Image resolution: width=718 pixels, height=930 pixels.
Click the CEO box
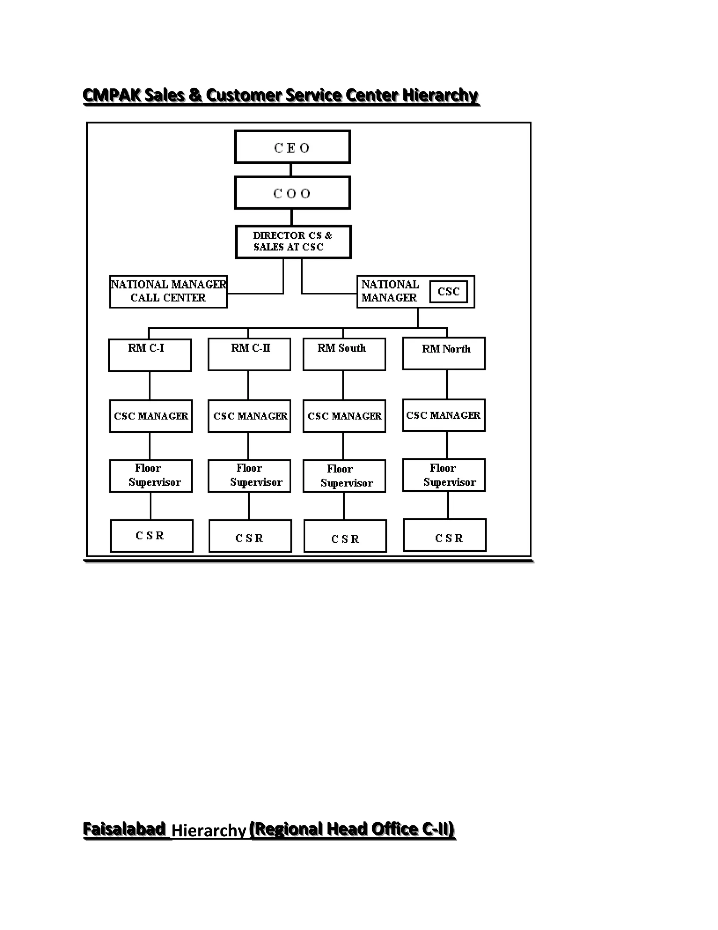point(292,147)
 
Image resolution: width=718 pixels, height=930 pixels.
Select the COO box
point(292,193)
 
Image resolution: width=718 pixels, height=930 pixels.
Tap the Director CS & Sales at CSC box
point(293,241)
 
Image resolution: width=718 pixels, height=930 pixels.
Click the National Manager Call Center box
point(168,292)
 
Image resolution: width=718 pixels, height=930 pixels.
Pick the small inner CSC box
point(448,292)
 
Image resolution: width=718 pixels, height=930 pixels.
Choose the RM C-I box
point(150,355)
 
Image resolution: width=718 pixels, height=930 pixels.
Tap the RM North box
point(443,353)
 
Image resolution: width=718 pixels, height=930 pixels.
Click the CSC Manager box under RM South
point(344,416)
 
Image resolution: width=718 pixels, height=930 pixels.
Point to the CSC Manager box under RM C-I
point(150,416)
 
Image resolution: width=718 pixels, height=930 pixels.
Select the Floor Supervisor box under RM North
point(443,475)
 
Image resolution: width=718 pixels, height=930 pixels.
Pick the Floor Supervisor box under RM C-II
point(249,476)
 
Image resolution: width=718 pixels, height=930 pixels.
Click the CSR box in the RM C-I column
point(151,536)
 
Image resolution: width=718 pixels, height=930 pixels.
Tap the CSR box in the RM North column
point(445,535)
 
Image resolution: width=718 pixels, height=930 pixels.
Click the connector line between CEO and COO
point(291,170)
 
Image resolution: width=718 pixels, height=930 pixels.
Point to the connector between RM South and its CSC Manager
point(343,385)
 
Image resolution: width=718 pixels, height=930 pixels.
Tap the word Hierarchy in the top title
point(440,95)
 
